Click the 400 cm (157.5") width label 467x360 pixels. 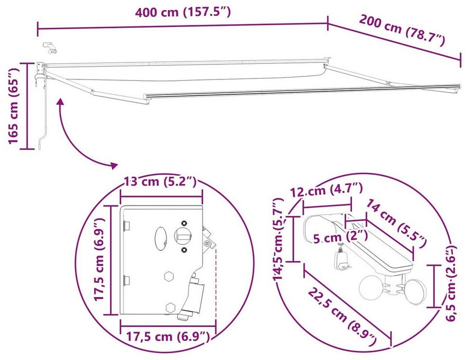pyautogui.click(x=183, y=12)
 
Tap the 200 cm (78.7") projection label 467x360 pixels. pyautogui.click(x=402, y=30)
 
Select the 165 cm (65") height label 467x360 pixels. pyautogui.click(x=13, y=105)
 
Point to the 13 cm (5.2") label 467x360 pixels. pyautogui.click(x=160, y=181)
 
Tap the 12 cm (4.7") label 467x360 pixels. pyautogui.click(x=327, y=190)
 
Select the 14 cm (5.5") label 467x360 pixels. pyautogui.click(x=395, y=224)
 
